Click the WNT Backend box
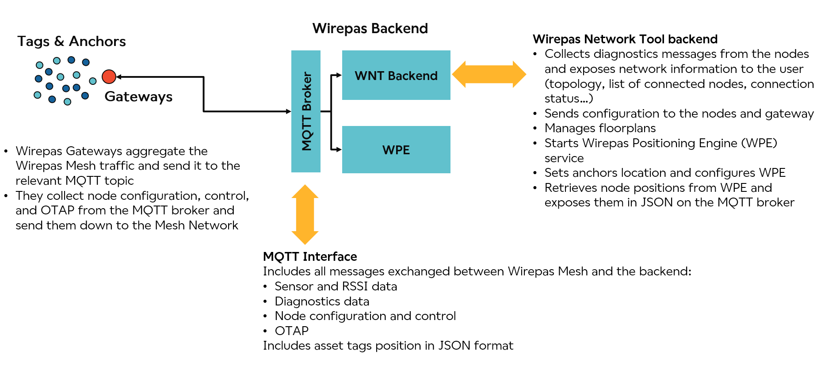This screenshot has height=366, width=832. click(396, 75)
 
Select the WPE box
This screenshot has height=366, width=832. click(396, 149)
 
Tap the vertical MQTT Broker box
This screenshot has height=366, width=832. click(306, 111)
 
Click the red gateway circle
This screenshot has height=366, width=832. click(109, 76)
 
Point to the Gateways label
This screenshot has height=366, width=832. click(138, 96)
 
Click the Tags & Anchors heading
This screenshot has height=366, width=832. click(72, 41)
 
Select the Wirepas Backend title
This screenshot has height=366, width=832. click(370, 28)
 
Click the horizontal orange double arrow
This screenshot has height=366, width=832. click(489, 74)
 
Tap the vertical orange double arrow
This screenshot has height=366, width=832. click(305, 214)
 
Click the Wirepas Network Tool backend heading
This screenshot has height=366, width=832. click(625, 39)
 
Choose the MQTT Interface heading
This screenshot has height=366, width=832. click(310, 256)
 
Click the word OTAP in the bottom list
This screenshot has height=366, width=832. click(292, 331)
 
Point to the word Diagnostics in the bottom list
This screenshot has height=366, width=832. click(308, 301)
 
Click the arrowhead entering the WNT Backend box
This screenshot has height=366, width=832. click(339, 75)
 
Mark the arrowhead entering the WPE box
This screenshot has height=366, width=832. click(339, 149)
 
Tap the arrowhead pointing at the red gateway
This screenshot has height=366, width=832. click(119, 77)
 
